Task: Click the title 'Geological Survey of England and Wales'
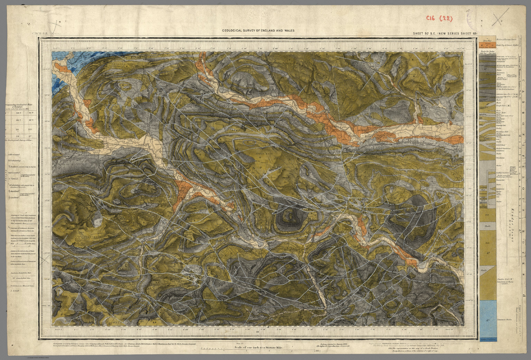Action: [258, 31]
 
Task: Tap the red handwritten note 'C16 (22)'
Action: [439, 18]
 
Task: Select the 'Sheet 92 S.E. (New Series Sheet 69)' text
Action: [445, 34]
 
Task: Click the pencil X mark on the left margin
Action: [44, 262]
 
